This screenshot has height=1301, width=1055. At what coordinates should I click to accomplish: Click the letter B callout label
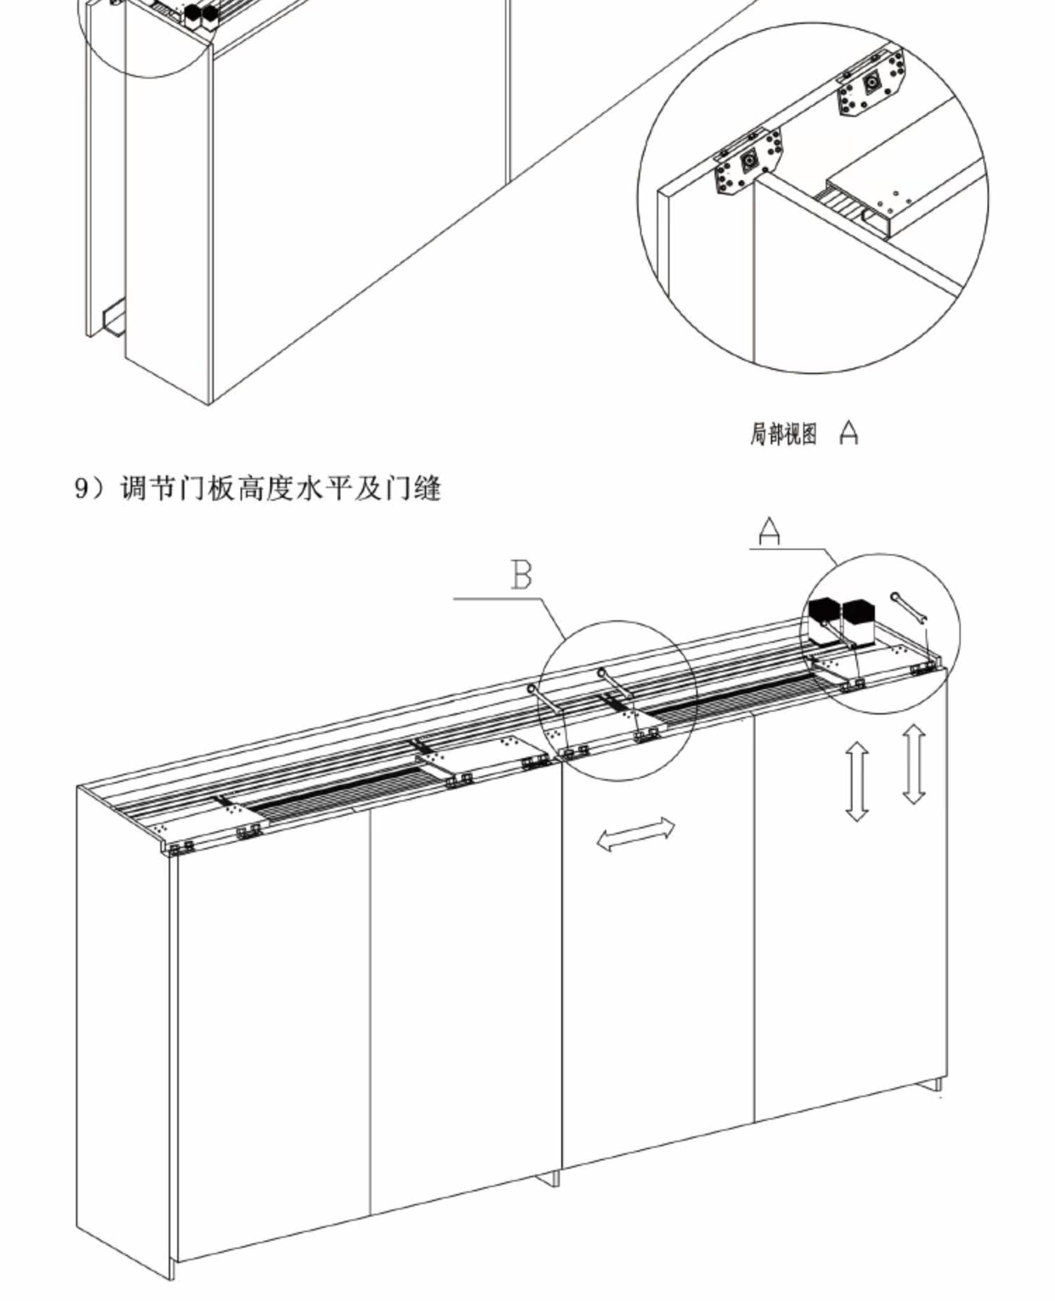point(521,575)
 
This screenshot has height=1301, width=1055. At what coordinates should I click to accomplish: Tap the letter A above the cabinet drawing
point(770,531)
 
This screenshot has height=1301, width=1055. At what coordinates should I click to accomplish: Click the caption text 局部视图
point(784,434)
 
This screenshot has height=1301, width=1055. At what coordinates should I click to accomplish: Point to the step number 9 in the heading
point(82,488)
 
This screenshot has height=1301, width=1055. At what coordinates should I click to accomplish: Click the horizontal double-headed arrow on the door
point(636,834)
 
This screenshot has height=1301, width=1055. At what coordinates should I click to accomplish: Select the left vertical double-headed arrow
point(857,783)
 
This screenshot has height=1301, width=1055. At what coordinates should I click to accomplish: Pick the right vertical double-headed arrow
point(914,764)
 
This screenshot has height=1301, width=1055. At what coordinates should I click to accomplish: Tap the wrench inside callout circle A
point(909,608)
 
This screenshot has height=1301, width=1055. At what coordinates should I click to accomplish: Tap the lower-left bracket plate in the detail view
point(748,165)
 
